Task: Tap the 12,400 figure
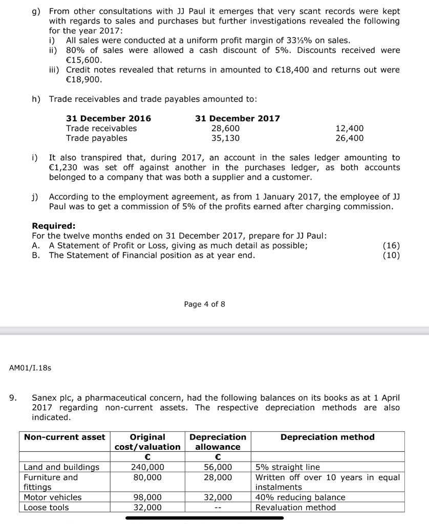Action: [349, 128]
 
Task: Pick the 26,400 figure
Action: [349, 138]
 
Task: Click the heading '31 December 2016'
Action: [109, 119]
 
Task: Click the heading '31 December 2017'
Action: [238, 119]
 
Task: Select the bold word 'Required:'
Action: [54, 226]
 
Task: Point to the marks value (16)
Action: [391, 246]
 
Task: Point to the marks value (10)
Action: [391, 255]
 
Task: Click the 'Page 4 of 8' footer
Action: [204, 304]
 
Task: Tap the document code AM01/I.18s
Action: [30, 367]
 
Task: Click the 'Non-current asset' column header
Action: [65, 438]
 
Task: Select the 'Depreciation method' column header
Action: [328, 438]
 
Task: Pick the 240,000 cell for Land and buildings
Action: [147, 467]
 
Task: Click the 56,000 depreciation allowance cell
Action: [218, 467]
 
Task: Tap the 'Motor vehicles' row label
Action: [53, 497]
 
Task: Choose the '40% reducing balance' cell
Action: [300, 497]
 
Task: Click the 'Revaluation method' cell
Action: [295, 508]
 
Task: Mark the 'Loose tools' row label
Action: [46, 508]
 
